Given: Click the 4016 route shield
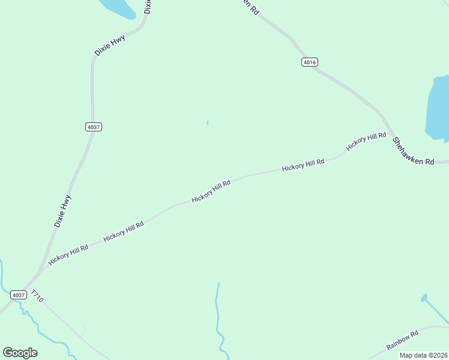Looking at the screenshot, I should [310, 62].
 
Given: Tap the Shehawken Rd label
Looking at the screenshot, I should [413, 152].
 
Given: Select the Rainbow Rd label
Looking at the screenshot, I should [402, 341].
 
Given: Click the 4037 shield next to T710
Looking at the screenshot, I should [19, 295].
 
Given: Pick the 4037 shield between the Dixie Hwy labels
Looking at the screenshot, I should [94, 127].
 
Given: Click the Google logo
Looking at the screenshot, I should [20, 353].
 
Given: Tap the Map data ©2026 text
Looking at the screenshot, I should [423, 355].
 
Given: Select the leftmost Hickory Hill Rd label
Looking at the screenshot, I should [68, 255].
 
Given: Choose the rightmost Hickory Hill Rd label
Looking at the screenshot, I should [366, 141].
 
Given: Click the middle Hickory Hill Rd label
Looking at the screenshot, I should [211, 191].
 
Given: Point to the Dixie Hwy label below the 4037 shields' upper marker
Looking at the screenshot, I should [62, 211].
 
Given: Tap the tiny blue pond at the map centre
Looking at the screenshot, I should [207, 123].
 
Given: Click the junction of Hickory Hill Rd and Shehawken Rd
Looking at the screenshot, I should [393, 135].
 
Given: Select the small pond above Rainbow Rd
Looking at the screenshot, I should [424, 298].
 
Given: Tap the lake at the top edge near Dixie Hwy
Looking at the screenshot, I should [119, 7].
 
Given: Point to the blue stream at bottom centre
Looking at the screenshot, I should [218, 318].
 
